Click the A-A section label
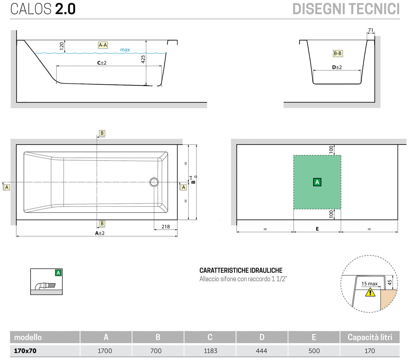103,45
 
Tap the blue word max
125,50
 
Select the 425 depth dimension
143,59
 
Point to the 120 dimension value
62,46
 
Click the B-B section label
338,53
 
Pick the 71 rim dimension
371,30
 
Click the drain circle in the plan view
154,182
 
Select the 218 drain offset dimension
166,227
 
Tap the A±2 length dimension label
100,233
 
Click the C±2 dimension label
102,63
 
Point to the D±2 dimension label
337,67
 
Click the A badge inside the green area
317,182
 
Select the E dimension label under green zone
317,229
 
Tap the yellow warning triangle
370,292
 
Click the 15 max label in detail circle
369,284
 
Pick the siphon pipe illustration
46,285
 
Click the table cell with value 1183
210,351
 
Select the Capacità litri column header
370,337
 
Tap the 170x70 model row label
25,351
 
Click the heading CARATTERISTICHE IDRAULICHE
241,270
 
